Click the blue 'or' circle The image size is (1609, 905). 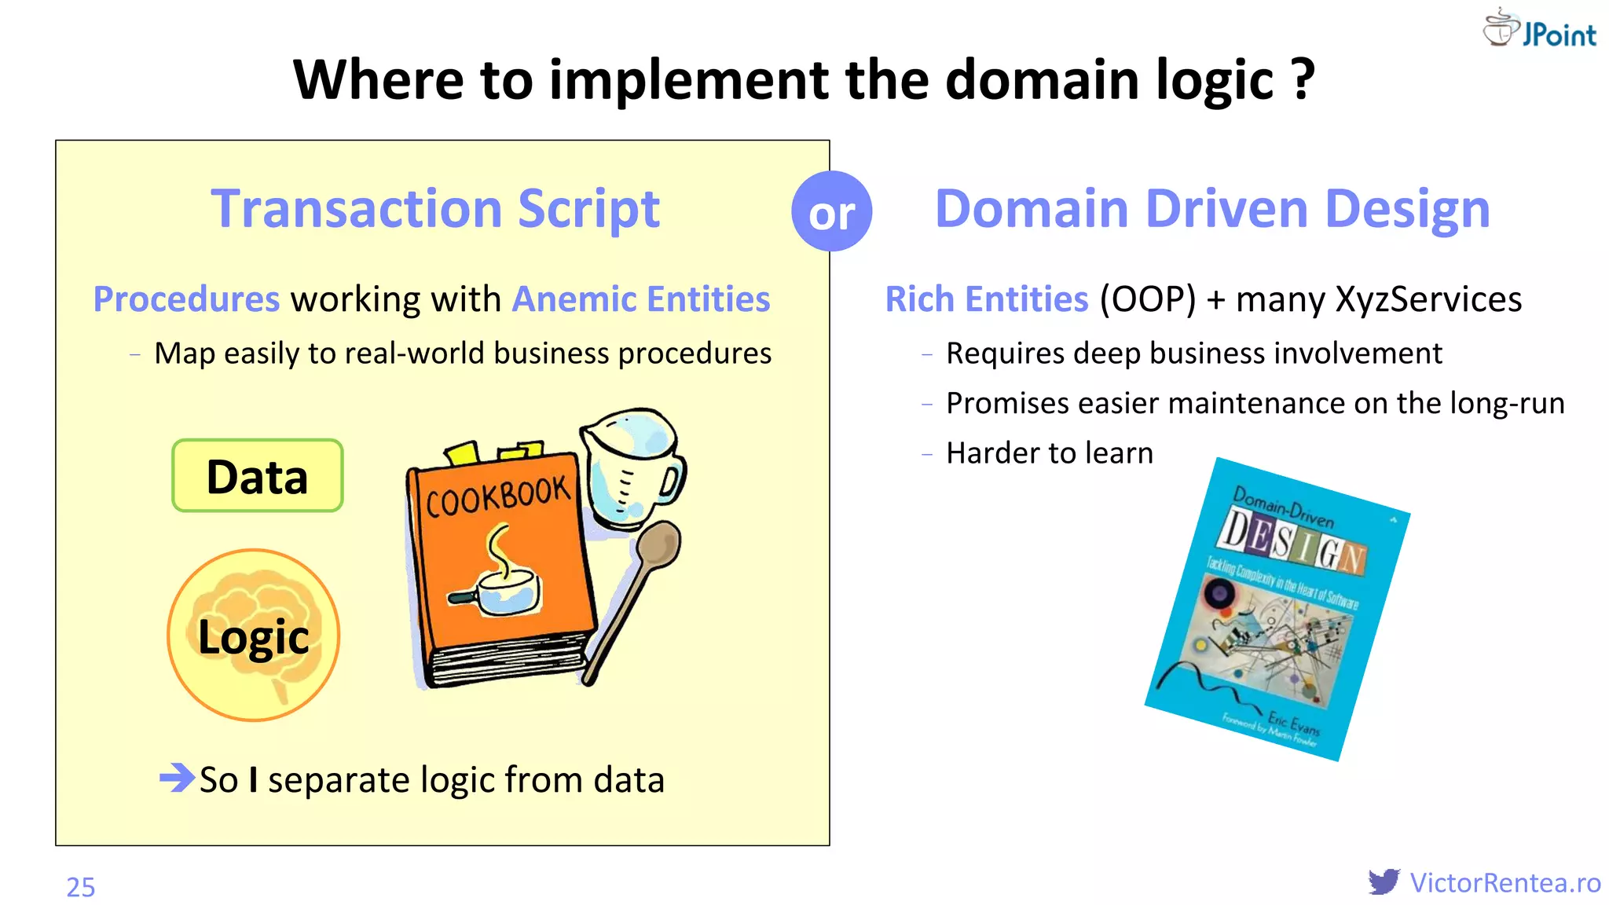[x=831, y=211]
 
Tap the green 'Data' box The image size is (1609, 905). [x=257, y=476]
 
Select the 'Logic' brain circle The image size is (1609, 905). [x=253, y=635]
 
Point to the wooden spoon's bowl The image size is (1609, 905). [x=658, y=544]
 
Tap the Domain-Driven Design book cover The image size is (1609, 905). [x=1277, y=609]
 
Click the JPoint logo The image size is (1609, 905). [x=1540, y=30]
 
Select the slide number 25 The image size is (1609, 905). [x=80, y=887]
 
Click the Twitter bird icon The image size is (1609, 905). [x=1384, y=881]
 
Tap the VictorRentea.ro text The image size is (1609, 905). [x=1505, y=882]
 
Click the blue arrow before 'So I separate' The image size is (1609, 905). [x=177, y=778]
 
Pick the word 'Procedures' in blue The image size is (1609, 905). [x=186, y=299]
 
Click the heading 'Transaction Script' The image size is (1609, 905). [x=435, y=209]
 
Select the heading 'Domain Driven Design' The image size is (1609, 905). [x=1212, y=209]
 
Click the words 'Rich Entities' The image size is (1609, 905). [x=987, y=299]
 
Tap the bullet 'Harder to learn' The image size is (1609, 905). [x=1049, y=453]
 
